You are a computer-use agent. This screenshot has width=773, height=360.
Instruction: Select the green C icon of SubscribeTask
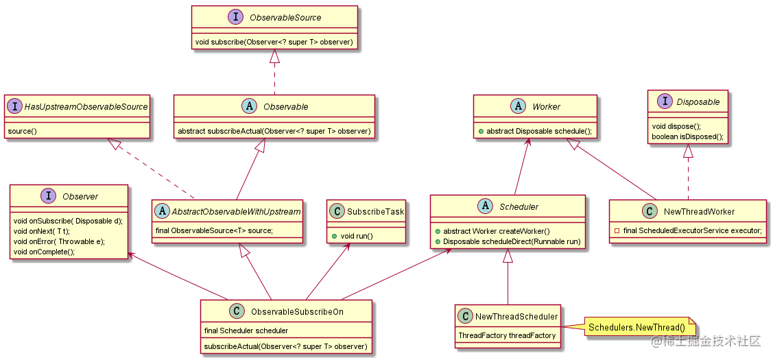tap(337, 212)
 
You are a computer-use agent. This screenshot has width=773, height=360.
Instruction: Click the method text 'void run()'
tap(357, 236)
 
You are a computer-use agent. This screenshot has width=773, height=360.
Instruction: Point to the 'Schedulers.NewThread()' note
tap(637, 328)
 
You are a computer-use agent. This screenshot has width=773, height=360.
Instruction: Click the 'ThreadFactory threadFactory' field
tap(507, 336)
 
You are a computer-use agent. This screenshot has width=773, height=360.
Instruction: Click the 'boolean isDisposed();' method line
tap(687, 136)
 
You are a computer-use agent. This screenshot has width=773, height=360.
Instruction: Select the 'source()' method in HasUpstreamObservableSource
tap(23, 130)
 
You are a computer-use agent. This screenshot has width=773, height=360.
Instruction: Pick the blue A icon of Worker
tap(519, 106)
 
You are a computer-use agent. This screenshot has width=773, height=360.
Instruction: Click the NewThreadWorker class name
tap(699, 212)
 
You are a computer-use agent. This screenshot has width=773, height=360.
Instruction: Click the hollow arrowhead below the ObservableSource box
tap(274, 56)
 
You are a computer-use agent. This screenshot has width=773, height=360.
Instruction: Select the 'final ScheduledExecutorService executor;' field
tap(688, 231)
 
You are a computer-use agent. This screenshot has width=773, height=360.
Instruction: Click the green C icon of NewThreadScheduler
tap(466, 316)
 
